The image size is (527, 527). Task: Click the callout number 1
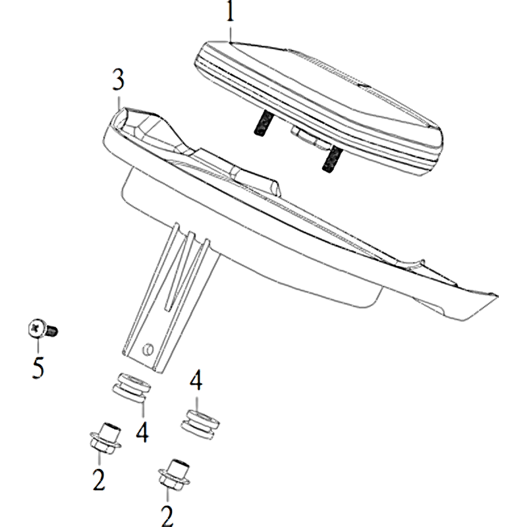pyautogui.click(x=230, y=11)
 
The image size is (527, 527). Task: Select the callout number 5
pyautogui.click(x=38, y=368)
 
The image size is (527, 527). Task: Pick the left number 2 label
pyautogui.click(x=99, y=480)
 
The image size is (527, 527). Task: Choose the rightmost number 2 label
pyautogui.click(x=167, y=516)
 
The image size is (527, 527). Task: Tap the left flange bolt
pyautogui.click(x=105, y=438)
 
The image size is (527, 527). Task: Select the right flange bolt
pyautogui.click(x=174, y=475)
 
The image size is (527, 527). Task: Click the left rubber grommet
pyautogui.click(x=131, y=387)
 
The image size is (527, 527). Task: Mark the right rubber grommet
pyautogui.click(x=200, y=424)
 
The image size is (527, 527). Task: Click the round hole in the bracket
pyautogui.click(x=147, y=349)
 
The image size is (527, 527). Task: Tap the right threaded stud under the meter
pyautogui.click(x=331, y=157)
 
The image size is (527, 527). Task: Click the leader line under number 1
pyautogui.click(x=230, y=34)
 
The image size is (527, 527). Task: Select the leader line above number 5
pyautogui.click(x=38, y=346)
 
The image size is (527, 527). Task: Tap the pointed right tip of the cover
pyautogui.click(x=497, y=296)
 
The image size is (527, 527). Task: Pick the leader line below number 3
pyautogui.click(x=119, y=101)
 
